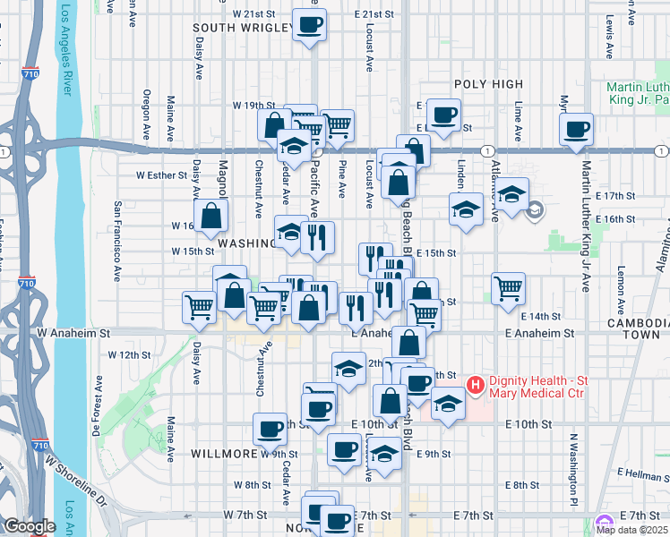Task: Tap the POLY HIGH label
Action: tap(487, 84)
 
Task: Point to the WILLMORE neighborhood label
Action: tap(225, 454)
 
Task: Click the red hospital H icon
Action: tap(476, 386)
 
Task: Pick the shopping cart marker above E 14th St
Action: tap(508, 287)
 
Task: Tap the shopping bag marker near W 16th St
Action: tap(210, 216)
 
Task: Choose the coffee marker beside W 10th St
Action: tap(270, 430)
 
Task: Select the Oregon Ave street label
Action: tap(146, 115)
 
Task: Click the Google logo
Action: tap(30, 526)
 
